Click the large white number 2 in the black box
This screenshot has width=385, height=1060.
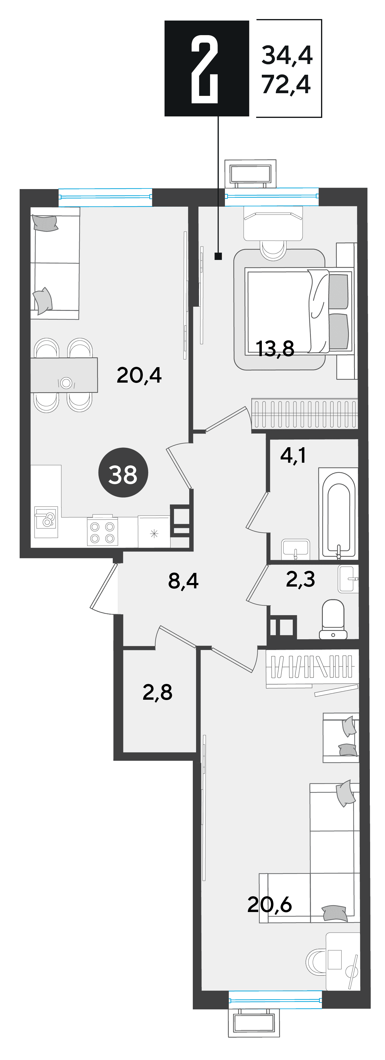click(204, 69)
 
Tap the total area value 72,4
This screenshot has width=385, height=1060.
click(286, 85)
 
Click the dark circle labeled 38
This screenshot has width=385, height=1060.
click(123, 473)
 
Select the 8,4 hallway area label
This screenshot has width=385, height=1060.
click(184, 581)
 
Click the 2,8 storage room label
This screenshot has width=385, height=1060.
click(157, 692)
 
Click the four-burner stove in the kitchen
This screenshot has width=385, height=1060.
click(102, 531)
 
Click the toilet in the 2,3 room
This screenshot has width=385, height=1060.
click(333, 620)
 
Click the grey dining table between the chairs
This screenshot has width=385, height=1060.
click(64, 375)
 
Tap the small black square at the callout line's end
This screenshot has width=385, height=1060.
click(218, 256)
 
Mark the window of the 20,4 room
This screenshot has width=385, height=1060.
click(106, 197)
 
